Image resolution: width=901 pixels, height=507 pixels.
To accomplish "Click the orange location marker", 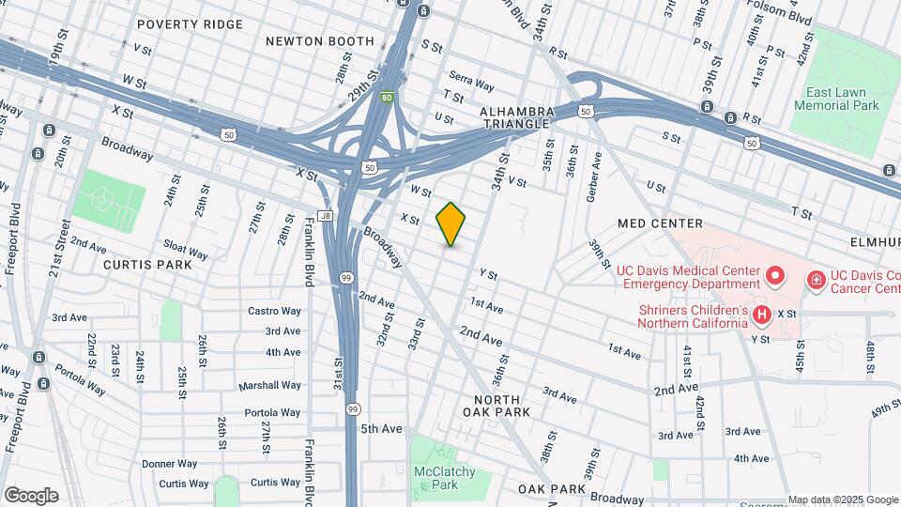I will point(450,224).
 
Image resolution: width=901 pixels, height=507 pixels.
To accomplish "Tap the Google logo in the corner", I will point(30,496).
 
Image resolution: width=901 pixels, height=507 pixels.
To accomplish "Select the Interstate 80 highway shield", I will point(387,97).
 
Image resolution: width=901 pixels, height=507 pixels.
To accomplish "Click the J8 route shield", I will point(326,216).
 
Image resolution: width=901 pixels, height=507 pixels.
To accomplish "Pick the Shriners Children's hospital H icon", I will point(762,314).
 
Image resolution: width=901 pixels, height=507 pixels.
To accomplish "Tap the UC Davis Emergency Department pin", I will point(774,276).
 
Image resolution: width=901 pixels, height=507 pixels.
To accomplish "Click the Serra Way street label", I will point(471,84).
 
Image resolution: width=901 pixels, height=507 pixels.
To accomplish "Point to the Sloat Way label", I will point(185,249).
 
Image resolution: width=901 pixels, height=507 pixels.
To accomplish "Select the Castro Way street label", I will point(274,311).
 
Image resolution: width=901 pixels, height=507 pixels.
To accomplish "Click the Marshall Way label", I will point(269,385).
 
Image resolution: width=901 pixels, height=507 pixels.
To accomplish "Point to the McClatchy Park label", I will point(446,478).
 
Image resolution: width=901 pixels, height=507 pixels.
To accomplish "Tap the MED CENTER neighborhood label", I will point(660,223).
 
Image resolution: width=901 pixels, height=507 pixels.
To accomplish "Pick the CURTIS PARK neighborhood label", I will point(148,265).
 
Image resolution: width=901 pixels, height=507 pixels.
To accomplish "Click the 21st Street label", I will point(62,248).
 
